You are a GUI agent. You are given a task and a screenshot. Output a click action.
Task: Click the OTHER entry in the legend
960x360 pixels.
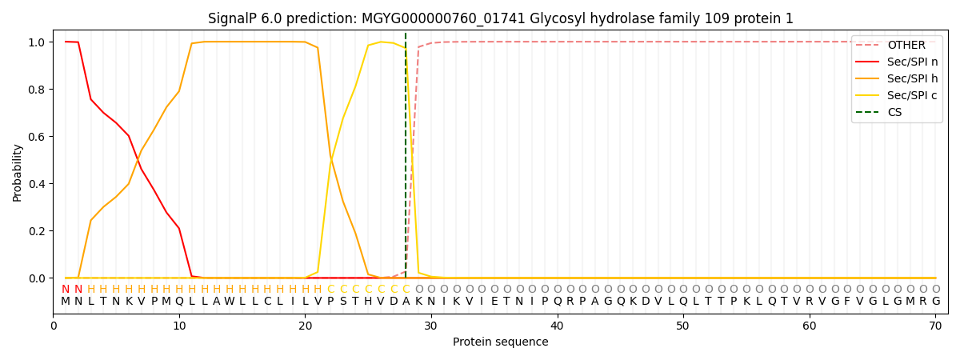(x=897, y=45)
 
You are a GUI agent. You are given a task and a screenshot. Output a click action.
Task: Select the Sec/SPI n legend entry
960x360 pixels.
(x=897, y=62)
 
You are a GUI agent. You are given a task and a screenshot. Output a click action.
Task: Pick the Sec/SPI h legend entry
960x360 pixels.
(x=897, y=78)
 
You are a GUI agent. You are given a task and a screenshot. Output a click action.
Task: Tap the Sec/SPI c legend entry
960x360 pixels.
(x=897, y=95)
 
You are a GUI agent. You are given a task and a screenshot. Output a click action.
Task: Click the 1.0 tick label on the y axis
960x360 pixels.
(x=37, y=42)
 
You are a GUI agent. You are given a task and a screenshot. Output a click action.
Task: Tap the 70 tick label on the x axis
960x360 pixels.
(x=935, y=326)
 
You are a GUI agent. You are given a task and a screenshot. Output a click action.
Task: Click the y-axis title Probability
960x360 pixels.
(x=17, y=173)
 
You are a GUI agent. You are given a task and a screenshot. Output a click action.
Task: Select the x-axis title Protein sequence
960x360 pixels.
(x=501, y=342)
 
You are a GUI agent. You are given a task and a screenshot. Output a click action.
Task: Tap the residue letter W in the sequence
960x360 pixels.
(x=230, y=302)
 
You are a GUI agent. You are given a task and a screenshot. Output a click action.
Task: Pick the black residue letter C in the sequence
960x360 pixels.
(x=267, y=302)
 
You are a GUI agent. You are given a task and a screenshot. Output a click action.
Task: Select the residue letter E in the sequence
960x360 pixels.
(x=494, y=302)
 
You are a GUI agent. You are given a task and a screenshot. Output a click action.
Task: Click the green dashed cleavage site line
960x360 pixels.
(x=406, y=155)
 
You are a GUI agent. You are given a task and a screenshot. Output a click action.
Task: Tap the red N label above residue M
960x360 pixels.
(x=66, y=290)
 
